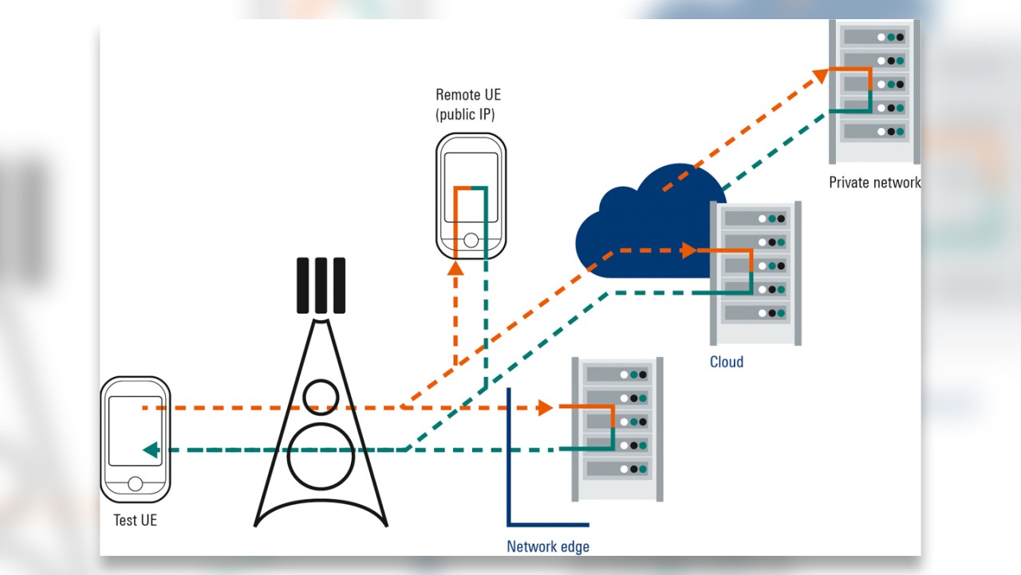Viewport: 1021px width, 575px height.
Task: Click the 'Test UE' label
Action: point(135,520)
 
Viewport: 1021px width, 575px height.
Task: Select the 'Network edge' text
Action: point(548,547)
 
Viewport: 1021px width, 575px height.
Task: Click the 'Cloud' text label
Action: point(727,362)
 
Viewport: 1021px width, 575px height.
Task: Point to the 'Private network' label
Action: point(874,182)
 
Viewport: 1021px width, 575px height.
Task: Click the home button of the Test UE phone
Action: point(136,484)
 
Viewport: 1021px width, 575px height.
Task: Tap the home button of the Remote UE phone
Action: point(471,240)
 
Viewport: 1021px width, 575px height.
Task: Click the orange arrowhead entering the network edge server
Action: point(546,407)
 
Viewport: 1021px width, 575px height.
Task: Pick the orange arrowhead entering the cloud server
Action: point(689,251)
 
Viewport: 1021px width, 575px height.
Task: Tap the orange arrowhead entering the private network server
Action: point(821,75)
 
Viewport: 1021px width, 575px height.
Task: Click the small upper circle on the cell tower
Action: point(321,396)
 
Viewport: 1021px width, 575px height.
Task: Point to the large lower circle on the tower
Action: point(321,457)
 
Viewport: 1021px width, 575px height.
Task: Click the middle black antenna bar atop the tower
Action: point(321,285)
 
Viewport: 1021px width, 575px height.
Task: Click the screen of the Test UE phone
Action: point(136,431)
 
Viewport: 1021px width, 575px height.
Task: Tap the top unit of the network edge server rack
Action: point(617,374)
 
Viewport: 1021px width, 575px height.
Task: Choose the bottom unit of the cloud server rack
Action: point(754,313)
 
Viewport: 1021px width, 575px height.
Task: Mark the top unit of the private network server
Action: point(874,37)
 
